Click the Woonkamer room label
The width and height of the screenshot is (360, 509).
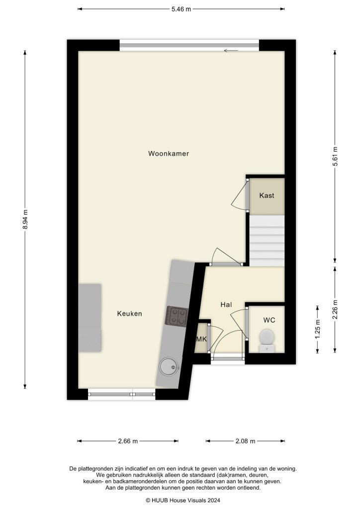[x=168, y=154]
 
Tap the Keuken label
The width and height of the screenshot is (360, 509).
[x=129, y=314]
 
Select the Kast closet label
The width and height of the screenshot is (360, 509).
[x=267, y=195]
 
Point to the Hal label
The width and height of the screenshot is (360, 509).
[x=227, y=304]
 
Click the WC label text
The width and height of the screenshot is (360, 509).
[x=269, y=320]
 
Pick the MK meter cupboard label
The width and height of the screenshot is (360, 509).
[x=201, y=339]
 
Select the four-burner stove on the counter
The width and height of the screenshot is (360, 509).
[x=177, y=316]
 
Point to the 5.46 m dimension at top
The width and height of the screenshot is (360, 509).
[x=181, y=9]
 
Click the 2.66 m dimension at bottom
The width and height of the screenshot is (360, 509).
[x=128, y=441]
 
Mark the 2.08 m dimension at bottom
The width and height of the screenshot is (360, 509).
[x=245, y=441]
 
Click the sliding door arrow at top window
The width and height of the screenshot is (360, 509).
[x=230, y=50]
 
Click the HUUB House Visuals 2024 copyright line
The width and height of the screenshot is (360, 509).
[x=182, y=501]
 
